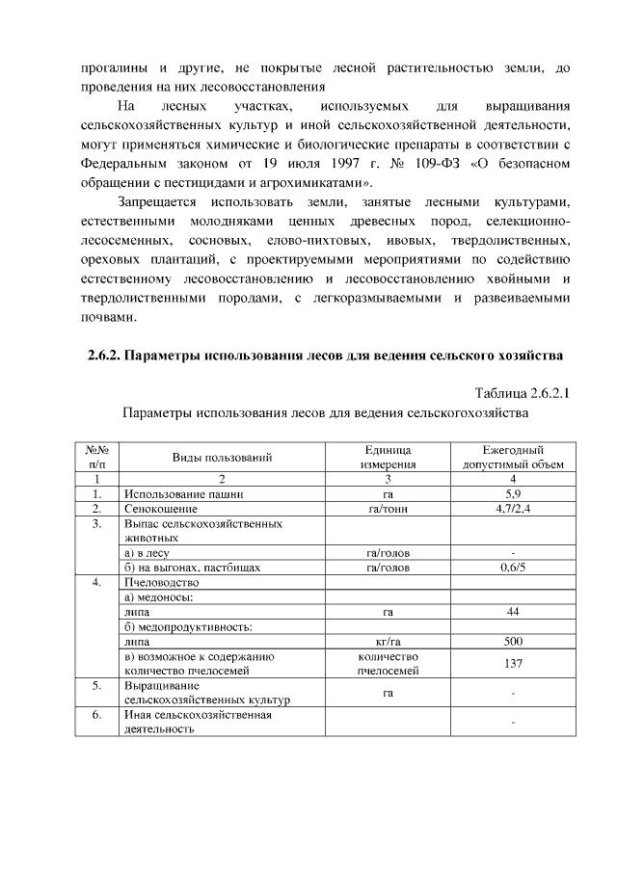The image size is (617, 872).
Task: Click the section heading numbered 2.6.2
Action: coord(318,356)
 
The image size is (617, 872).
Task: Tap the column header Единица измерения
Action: coord(388,457)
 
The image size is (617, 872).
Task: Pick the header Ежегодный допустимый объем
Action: coord(513,457)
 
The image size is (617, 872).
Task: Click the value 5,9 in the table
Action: coord(513,493)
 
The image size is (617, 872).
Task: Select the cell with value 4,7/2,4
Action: coord(513,508)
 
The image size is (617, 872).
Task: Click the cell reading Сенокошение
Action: coord(161,508)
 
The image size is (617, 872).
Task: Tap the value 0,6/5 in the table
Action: coord(513,568)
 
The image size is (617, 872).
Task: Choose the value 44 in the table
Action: coord(513,612)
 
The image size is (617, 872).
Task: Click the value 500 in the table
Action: coord(513,641)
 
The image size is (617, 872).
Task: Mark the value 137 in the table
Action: coord(513,663)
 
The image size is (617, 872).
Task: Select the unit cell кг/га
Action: coord(388,641)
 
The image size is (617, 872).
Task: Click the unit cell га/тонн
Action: coord(388,508)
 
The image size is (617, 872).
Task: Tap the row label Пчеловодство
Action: coord(162,583)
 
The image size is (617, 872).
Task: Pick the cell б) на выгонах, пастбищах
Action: coord(193,568)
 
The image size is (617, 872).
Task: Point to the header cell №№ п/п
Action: coord(96,457)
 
